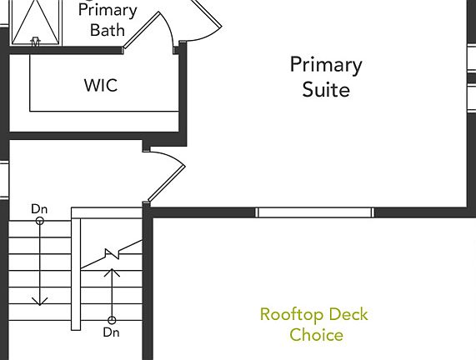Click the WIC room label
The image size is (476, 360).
(x=101, y=85)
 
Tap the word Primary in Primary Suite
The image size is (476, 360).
(x=326, y=65)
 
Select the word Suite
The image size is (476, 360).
(x=326, y=89)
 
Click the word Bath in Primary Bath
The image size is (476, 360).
(x=108, y=30)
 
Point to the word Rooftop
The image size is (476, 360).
(x=292, y=314)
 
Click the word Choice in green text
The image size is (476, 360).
(x=316, y=335)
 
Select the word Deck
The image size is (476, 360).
(x=348, y=314)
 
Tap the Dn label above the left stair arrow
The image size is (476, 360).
(x=39, y=209)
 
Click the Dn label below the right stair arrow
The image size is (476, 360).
(x=112, y=332)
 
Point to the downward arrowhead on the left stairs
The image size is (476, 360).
(x=40, y=301)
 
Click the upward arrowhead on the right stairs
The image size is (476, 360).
(x=112, y=272)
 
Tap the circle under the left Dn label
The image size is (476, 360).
(x=40, y=221)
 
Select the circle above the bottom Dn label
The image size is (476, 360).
(x=112, y=320)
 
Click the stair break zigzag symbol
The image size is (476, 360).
(x=112, y=254)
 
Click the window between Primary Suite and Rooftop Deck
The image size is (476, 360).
(x=315, y=212)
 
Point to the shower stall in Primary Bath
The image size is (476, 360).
(x=36, y=22)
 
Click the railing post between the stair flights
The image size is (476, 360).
(x=76, y=274)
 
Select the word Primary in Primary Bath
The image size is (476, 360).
(x=108, y=11)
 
